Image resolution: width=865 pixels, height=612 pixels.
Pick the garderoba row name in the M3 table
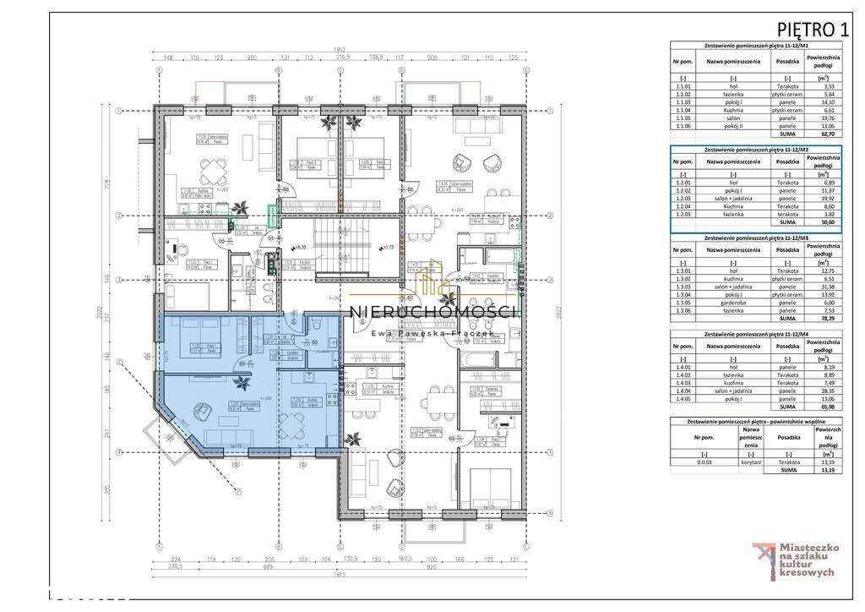(x=732, y=302)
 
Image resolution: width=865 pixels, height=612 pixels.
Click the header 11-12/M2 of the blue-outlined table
(x=756, y=149)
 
